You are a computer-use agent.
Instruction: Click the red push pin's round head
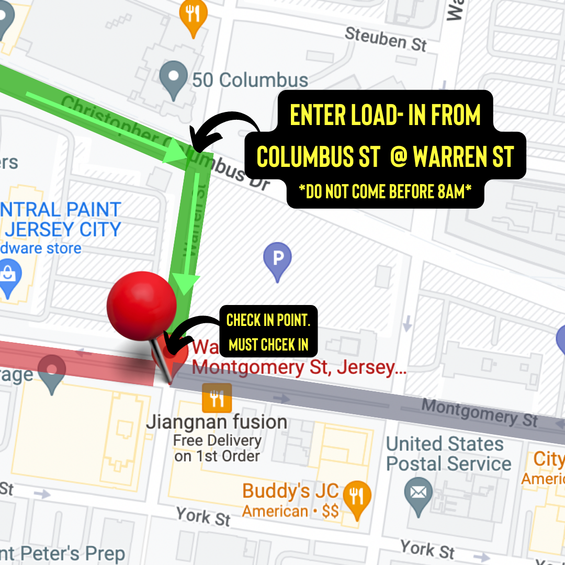click(x=141, y=306)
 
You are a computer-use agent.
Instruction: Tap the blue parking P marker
click(x=277, y=259)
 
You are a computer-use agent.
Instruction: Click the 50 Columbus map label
click(x=250, y=80)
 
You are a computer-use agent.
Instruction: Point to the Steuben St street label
click(x=386, y=39)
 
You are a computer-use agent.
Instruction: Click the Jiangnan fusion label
click(x=217, y=422)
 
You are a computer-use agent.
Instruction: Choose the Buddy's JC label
click(x=290, y=491)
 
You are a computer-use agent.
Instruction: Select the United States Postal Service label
click(x=448, y=454)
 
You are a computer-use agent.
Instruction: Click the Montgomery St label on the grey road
click(x=479, y=412)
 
